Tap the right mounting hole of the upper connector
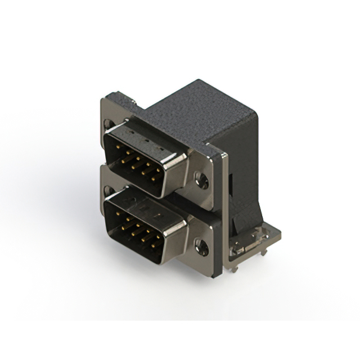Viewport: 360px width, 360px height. pyautogui.click(x=202, y=180)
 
